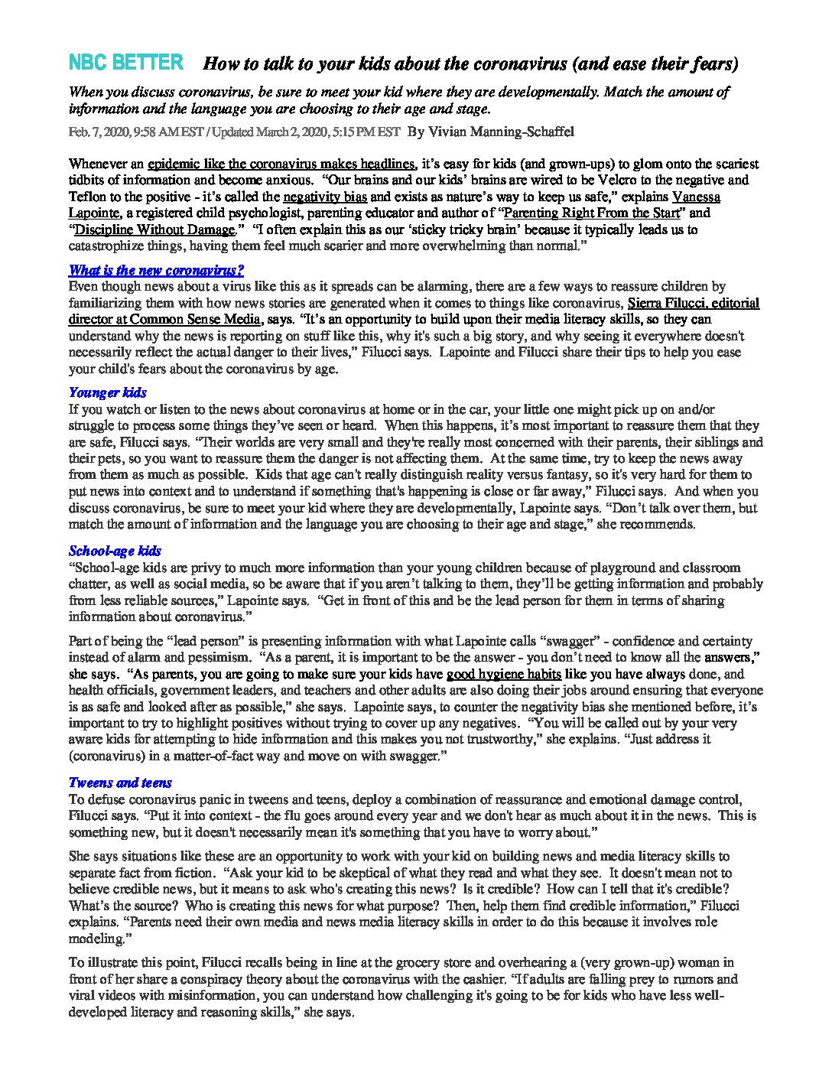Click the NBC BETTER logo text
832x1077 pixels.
pyautogui.click(x=126, y=63)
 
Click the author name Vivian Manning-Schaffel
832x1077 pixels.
pyautogui.click(x=491, y=132)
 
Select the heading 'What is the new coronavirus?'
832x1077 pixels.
pyautogui.click(x=156, y=270)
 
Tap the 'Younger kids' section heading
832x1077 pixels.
pyautogui.click(x=107, y=393)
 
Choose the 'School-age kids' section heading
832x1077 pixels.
pyautogui.click(x=115, y=551)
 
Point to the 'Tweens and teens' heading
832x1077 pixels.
pyautogui.click(x=120, y=783)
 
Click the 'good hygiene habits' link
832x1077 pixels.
pyautogui.click(x=504, y=675)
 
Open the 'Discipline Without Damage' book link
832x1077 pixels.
pyautogui.click(x=153, y=229)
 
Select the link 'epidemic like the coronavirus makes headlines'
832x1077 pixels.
pyautogui.click(x=281, y=164)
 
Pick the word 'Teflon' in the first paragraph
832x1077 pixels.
pyautogui.click(x=88, y=197)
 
